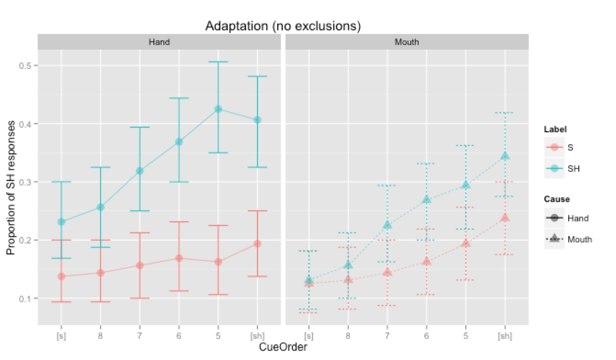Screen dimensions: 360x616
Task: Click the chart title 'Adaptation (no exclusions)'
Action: [x=282, y=27]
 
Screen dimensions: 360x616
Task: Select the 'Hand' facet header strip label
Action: [x=159, y=42]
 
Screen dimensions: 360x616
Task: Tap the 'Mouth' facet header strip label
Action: [x=407, y=42]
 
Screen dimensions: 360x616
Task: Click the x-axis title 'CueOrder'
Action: [x=283, y=347]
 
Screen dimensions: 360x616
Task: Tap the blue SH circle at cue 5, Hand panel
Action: [x=218, y=109]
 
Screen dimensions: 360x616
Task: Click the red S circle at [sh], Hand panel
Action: [x=258, y=243]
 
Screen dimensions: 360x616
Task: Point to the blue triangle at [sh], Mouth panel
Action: [x=505, y=156]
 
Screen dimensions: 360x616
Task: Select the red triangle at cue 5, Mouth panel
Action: [x=466, y=243]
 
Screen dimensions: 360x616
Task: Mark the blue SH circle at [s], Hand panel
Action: [x=61, y=222]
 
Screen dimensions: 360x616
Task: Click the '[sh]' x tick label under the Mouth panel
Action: [x=505, y=336]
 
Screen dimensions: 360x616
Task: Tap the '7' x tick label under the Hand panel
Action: [x=140, y=336]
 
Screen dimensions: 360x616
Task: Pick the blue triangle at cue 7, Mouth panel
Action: [x=387, y=225]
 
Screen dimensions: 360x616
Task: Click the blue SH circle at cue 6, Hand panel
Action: [x=179, y=142]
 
